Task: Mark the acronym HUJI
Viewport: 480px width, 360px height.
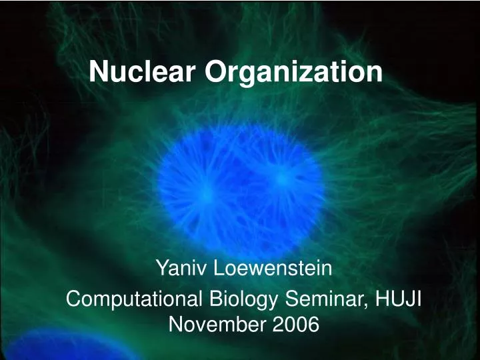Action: coord(396,299)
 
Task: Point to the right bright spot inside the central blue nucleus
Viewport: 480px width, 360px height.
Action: coord(281,177)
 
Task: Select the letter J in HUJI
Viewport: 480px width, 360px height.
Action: coord(407,299)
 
